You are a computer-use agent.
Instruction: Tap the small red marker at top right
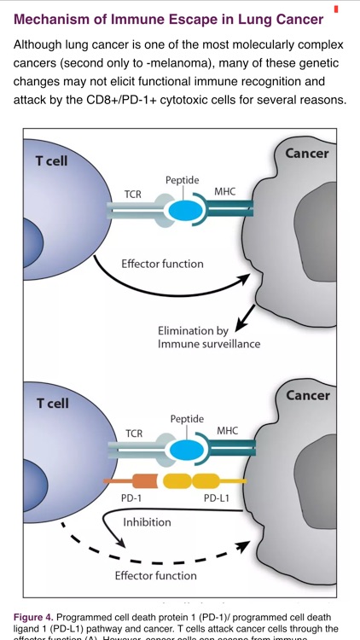[336, 9]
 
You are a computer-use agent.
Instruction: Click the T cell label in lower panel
[52, 403]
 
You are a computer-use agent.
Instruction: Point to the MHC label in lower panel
[227, 430]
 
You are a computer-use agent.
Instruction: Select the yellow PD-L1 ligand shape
[192, 481]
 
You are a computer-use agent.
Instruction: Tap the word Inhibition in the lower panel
[147, 522]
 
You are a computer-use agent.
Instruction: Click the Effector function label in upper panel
[162, 264]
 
